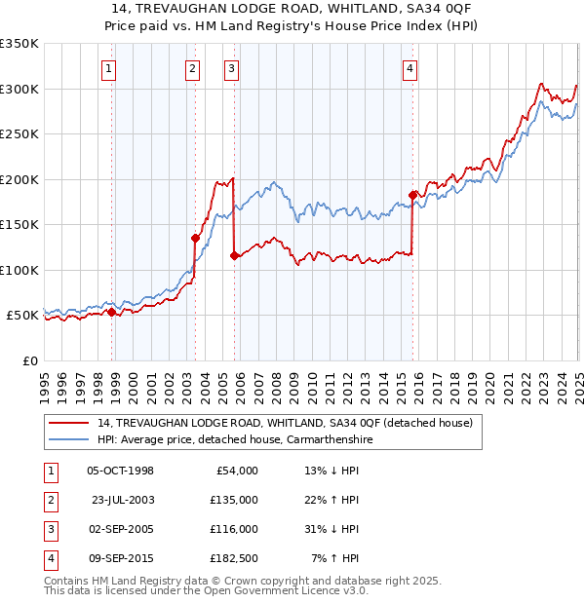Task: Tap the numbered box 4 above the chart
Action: [x=410, y=68]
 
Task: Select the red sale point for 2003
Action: [x=196, y=238]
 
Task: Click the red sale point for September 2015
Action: [x=412, y=195]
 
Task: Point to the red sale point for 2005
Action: [x=234, y=255]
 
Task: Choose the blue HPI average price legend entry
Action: [x=235, y=439]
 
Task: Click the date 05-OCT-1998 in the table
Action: [x=120, y=471]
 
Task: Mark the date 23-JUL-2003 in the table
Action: [x=122, y=500]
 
